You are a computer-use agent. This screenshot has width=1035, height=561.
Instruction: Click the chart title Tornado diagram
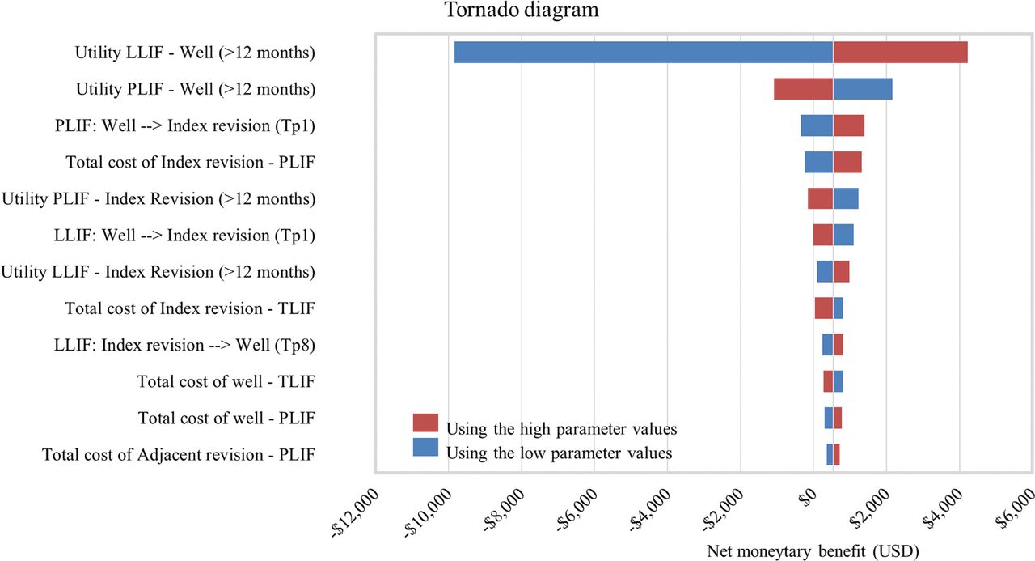(x=522, y=10)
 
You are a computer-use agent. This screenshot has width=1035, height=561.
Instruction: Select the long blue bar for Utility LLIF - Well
(x=644, y=53)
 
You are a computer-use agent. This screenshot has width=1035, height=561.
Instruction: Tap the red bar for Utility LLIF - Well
(x=901, y=53)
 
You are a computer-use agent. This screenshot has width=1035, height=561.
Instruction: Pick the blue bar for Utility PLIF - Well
(x=863, y=89)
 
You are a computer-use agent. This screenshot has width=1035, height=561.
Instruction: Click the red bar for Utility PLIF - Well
(x=804, y=89)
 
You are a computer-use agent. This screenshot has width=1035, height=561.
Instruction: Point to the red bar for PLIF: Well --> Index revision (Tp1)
(x=849, y=125)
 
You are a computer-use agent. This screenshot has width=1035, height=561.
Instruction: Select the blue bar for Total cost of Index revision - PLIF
(x=819, y=162)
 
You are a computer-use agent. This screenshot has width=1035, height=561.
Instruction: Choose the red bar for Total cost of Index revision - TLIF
(x=824, y=308)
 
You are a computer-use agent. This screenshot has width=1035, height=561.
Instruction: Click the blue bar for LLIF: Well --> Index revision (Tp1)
(x=843, y=235)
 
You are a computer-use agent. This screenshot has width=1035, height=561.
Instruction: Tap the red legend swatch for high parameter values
(x=425, y=423)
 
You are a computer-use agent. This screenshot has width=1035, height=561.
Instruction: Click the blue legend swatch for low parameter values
(x=425, y=447)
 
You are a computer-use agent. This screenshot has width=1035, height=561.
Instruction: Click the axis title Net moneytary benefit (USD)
(x=813, y=551)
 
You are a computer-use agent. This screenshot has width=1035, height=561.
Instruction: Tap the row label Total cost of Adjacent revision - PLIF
(x=179, y=455)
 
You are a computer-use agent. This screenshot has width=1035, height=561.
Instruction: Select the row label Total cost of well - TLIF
(x=226, y=381)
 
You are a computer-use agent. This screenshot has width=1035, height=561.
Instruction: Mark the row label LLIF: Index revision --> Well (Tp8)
(x=184, y=345)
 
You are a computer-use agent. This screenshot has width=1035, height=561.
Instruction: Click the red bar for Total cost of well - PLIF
(x=838, y=418)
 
